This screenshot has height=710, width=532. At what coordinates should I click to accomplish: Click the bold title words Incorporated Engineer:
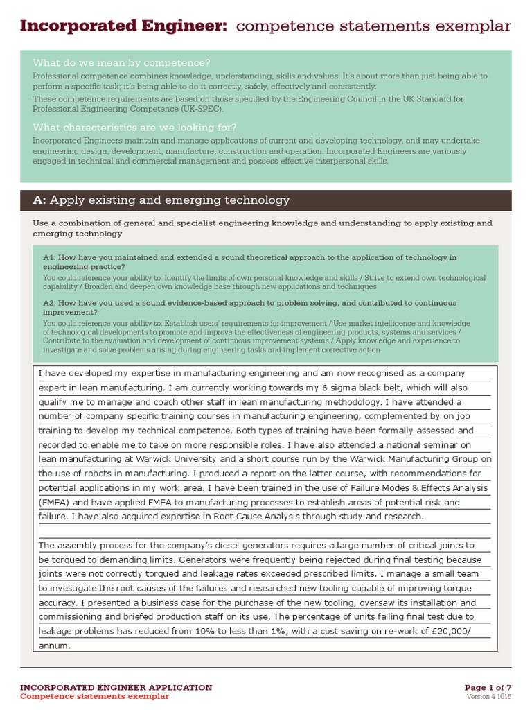[123, 26]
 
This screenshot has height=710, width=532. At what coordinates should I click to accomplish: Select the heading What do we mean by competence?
[121, 62]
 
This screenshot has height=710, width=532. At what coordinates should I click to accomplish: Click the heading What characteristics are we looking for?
[134, 127]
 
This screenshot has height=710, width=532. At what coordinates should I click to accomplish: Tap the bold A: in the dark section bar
[39, 200]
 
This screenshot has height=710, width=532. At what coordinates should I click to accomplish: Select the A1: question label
[50, 257]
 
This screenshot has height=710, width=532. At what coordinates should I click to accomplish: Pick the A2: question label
[50, 303]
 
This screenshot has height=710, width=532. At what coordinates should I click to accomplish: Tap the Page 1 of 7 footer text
[488, 687]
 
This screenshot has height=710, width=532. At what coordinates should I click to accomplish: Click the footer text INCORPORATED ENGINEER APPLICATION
[116, 687]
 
